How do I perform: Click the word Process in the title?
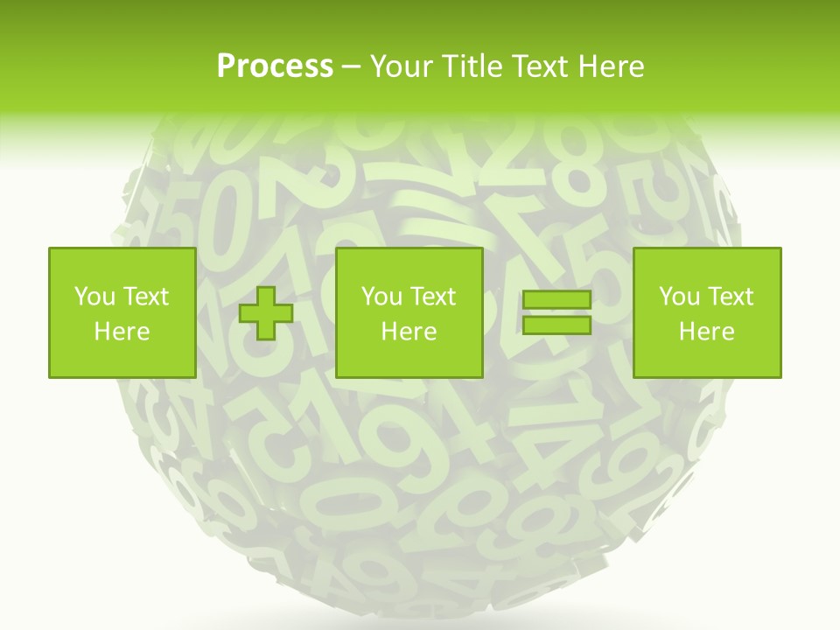pos(275,66)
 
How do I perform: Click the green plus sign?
pos(266,313)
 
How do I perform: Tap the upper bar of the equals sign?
pos(556,300)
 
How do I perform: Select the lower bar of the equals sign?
pos(556,325)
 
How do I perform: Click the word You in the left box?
pos(94,297)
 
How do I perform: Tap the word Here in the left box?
pos(122,332)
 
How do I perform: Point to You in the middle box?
pos(381,297)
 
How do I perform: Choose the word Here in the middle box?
pos(409,332)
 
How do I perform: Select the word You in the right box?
pos(679,297)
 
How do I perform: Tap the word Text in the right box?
pos(730,297)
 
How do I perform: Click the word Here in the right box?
pos(706,332)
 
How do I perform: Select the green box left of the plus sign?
pos(122,262)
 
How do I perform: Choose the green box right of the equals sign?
pos(706,262)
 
